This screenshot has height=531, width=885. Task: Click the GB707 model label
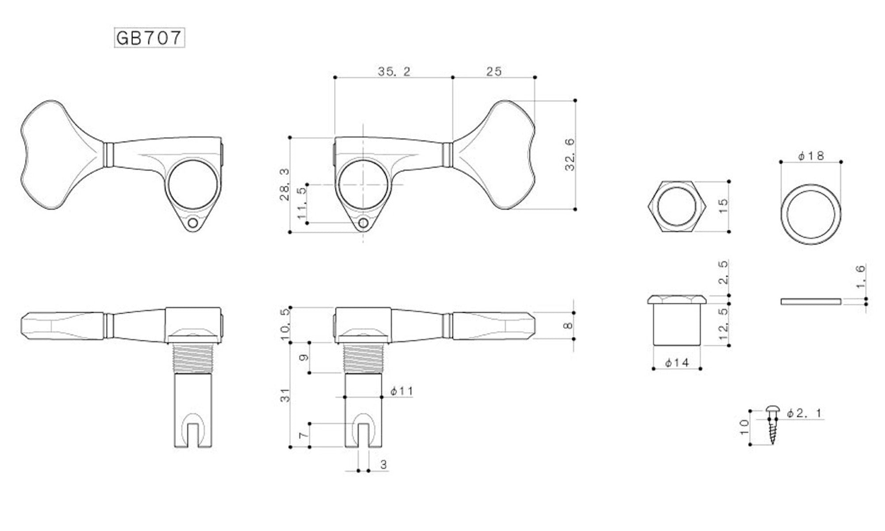pyautogui.click(x=149, y=38)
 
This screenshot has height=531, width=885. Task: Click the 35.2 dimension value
pyautogui.click(x=394, y=71)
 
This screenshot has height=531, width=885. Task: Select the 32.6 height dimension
pyautogui.click(x=569, y=154)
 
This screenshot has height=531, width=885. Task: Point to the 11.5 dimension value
pyautogui.click(x=301, y=203)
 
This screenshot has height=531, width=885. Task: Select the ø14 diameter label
pyautogui.click(x=677, y=363)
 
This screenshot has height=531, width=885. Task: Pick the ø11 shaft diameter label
pyautogui.click(x=401, y=391)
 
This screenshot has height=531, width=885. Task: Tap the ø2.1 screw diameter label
pyautogui.click(x=804, y=413)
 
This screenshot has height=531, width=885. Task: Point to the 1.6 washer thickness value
pyautogui.click(x=860, y=277)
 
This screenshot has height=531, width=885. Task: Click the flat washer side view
pyautogui.click(x=810, y=301)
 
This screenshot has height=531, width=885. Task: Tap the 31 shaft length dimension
pyautogui.click(x=285, y=395)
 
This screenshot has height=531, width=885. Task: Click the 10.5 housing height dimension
pyautogui.click(x=285, y=324)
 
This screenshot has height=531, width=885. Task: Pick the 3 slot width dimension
pyautogui.click(x=383, y=465)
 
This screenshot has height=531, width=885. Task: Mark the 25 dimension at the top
pyautogui.click(x=494, y=71)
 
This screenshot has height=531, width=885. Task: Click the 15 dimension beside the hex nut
pyautogui.click(x=723, y=206)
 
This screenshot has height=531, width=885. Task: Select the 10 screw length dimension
pyautogui.click(x=744, y=427)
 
